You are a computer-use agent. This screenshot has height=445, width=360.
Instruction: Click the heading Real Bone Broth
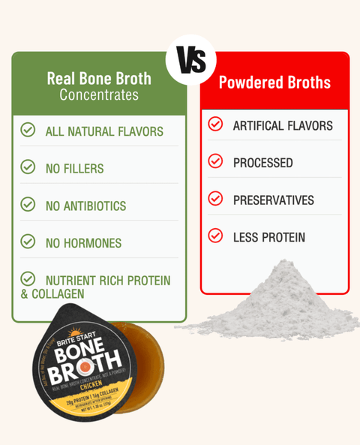[98, 78]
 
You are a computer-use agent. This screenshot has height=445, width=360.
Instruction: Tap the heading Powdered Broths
[274, 83]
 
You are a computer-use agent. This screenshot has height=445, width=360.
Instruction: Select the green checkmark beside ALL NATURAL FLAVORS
[28, 131]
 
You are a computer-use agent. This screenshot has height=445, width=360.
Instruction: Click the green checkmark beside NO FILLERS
[28, 167]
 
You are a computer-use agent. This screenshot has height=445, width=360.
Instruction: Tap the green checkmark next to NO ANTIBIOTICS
[28, 204]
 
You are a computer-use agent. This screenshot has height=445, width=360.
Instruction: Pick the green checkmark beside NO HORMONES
[28, 242]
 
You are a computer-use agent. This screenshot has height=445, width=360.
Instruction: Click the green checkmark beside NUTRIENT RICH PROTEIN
[28, 279]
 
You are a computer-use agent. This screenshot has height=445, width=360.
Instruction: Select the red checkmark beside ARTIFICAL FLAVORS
[215, 125]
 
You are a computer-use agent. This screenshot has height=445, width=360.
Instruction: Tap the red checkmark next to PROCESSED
[215, 161]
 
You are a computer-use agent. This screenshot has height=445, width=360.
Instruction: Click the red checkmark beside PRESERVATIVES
[215, 199]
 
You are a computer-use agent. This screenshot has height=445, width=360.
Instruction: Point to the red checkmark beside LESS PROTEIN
[215, 236]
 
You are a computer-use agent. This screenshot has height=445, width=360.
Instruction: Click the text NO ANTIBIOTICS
[85, 206]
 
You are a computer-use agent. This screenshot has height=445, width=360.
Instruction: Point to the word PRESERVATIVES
[273, 200]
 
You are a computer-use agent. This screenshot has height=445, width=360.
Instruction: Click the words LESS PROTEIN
[268, 238]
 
